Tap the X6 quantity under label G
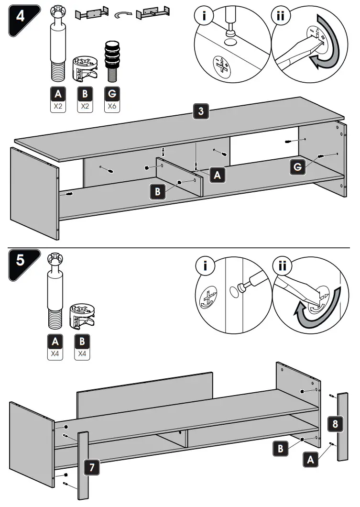[111, 107]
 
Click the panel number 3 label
[201, 112]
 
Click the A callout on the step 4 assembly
[218, 176]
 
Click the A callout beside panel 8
[310, 460]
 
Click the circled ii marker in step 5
[282, 266]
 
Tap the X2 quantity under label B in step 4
[85, 107]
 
